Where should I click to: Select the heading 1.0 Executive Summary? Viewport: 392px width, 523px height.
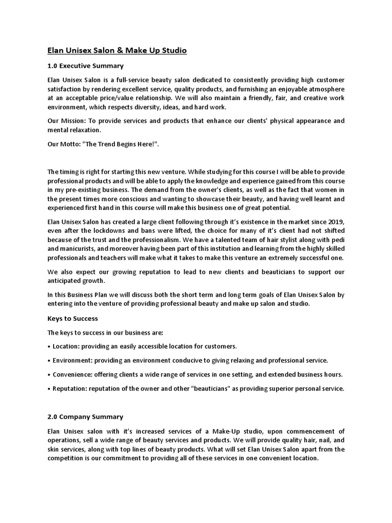coord(85,66)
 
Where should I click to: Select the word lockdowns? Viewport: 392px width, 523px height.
coord(102,230)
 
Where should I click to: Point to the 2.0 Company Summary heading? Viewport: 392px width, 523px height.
coord(85,417)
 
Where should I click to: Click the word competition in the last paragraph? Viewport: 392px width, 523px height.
coord(66,459)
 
